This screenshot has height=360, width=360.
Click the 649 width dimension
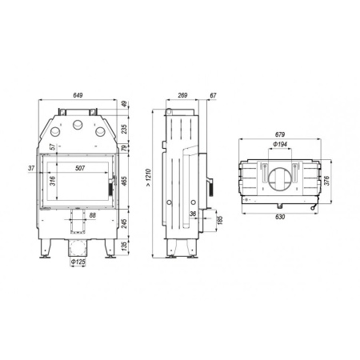(x=77, y=95)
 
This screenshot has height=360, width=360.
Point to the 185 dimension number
(x=219, y=219)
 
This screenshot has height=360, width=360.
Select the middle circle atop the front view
(x=78, y=125)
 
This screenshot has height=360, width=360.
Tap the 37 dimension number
(x=31, y=168)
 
